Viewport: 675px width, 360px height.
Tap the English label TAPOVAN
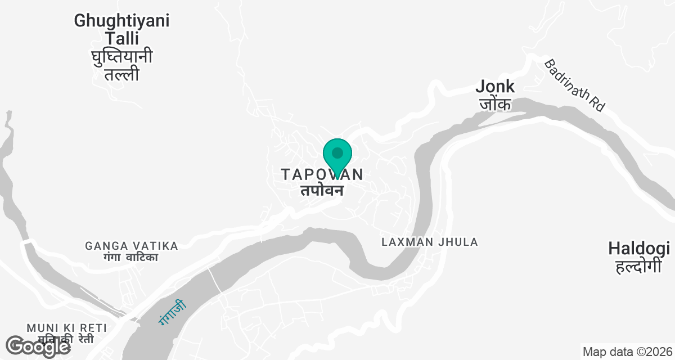[x=322, y=175]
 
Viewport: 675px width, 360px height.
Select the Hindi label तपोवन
[x=321, y=190]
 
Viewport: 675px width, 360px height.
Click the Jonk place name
[x=495, y=86]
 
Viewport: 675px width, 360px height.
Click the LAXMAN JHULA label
[x=429, y=242]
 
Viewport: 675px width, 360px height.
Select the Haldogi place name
[x=638, y=248]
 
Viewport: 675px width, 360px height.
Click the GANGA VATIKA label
[x=132, y=246]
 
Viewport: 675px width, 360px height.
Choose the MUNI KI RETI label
[x=67, y=327]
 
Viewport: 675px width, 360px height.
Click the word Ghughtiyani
[x=121, y=21]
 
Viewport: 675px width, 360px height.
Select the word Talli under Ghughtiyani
[x=121, y=38]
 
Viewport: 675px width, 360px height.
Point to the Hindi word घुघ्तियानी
[x=121, y=57]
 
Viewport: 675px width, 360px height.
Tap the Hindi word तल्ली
[x=121, y=75]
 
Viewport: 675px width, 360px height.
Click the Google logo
[x=38, y=346]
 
